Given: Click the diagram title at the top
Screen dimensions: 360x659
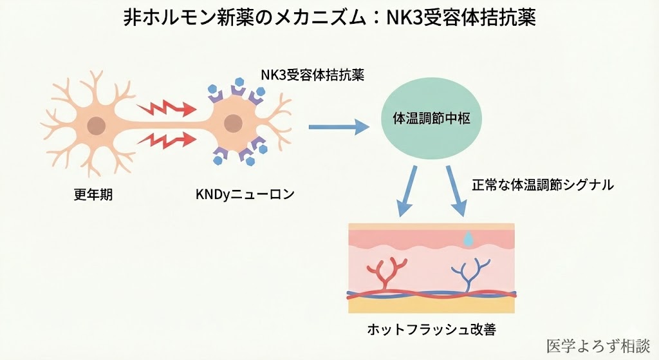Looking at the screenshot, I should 329,17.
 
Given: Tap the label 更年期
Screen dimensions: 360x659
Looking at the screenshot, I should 93,194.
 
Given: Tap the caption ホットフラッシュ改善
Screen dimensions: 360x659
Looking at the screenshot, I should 432,330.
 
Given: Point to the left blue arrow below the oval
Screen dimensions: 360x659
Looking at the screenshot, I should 407,191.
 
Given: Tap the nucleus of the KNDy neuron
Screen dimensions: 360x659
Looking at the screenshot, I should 236,122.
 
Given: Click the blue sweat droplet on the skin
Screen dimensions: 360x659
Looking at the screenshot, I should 469,238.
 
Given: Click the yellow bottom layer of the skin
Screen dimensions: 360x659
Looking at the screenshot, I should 431,305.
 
